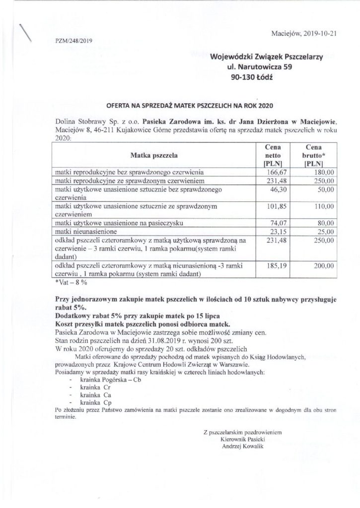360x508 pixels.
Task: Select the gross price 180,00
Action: [x=314, y=172]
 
